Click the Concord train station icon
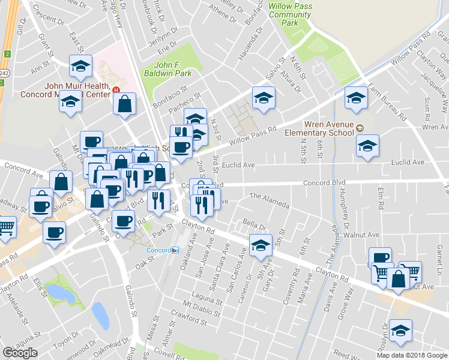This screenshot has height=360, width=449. pos(175,249)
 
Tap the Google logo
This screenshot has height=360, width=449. pos(20,352)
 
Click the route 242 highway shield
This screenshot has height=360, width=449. pos(7,53)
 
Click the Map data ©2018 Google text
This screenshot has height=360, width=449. pos(411,355)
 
